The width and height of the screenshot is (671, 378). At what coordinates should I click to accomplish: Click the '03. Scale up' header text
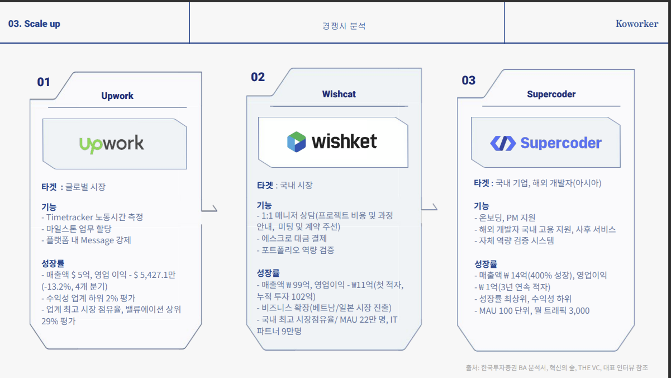point(34,24)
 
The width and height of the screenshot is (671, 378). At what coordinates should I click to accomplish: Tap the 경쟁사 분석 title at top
point(344,26)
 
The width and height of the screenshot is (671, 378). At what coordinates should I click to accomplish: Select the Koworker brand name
point(636,23)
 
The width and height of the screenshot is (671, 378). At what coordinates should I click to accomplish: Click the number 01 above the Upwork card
point(44,82)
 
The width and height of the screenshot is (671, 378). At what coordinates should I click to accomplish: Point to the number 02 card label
point(258,77)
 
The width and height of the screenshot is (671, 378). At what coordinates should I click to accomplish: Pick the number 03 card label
point(468,81)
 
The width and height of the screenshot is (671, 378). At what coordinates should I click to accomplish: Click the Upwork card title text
point(117,96)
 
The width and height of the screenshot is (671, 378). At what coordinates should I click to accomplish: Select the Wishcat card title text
point(339,94)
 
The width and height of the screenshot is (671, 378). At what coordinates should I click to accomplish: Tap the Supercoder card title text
point(551,94)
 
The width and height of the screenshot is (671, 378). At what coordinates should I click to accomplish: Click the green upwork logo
point(112,144)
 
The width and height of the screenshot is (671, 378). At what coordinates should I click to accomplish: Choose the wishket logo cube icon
point(296,141)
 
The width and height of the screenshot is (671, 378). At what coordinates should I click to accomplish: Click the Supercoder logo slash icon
point(502,143)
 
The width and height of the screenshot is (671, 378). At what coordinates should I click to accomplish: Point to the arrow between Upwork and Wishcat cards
point(209,209)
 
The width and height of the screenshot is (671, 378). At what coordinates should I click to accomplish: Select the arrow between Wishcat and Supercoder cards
point(430,208)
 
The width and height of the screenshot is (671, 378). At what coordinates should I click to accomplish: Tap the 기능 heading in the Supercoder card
point(481,206)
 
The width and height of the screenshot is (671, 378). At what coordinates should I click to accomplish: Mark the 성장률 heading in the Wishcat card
point(268,273)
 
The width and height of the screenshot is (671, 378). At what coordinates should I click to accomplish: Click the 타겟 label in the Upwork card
point(49,187)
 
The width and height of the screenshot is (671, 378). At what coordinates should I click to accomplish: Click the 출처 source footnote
point(556,367)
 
